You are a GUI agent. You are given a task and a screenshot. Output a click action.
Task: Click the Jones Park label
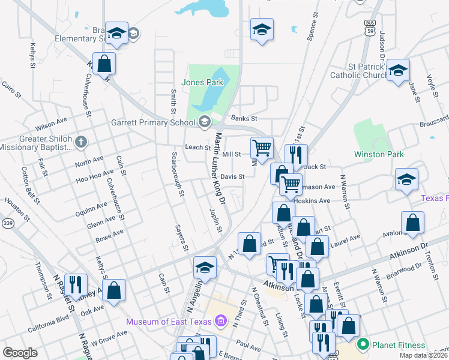click(202, 82)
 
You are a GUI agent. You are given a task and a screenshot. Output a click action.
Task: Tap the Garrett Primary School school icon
click(205, 122)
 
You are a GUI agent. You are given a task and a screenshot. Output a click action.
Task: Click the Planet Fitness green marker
click(362, 344)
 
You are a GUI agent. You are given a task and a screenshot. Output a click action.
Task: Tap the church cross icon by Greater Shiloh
click(82, 142)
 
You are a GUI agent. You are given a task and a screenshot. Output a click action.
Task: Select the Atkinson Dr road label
click(410, 247)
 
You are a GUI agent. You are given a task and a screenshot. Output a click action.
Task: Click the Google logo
click(20, 353)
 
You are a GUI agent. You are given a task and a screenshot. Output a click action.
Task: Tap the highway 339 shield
click(7, 223)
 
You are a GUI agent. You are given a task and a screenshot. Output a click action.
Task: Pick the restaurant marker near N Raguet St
click(76, 283)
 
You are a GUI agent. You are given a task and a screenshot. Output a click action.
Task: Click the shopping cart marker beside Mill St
click(262, 147)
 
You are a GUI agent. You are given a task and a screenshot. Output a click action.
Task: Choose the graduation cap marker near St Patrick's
click(398, 70)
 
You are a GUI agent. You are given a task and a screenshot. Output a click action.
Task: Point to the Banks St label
click(244, 119)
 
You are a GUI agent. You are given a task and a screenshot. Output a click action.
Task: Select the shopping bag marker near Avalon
click(413, 223)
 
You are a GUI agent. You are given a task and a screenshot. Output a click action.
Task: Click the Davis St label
click(232, 176)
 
